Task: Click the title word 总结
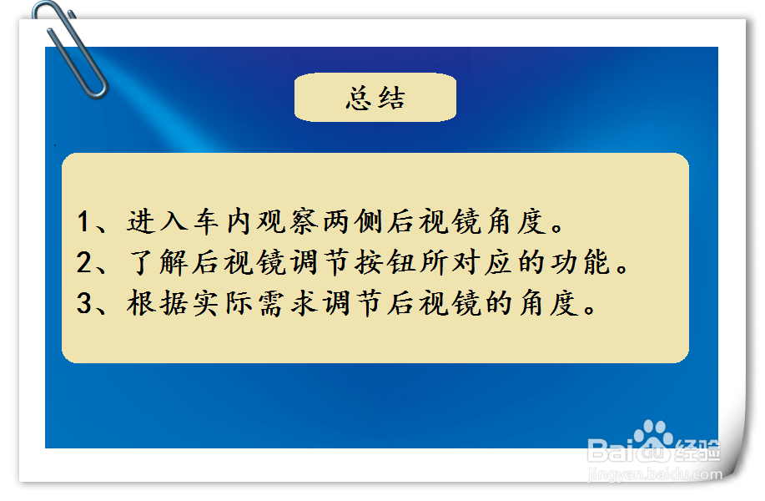point(375,98)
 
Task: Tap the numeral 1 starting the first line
point(83,221)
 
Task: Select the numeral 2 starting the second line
point(84,262)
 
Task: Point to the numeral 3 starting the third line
point(84,303)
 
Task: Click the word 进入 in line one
point(157,221)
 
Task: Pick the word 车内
point(222,221)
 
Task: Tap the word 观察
point(287,221)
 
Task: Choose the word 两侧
point(352,221)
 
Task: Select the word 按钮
point(385,262)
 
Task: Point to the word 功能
point(581,262)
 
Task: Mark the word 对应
point(482,262)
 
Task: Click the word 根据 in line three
point(157,303)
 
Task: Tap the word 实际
point(222,303)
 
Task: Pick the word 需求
point(287,303)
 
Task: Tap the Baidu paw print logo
point(652,439)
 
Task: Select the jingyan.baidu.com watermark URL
point(655,473)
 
